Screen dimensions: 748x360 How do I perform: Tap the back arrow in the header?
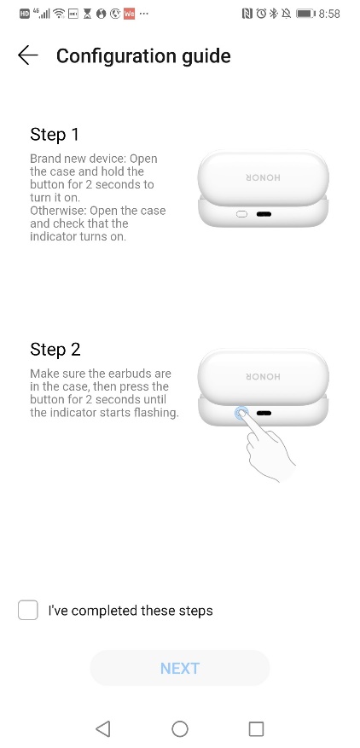[28, 55]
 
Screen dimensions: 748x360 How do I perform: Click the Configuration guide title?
[143, 56]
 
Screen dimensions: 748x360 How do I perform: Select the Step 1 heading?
[55, 134]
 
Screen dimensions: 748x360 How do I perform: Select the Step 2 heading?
[55, 350]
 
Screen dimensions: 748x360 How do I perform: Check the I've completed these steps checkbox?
[28, 610]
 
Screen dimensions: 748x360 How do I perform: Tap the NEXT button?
[180, 668]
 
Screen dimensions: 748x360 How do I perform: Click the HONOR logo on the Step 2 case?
[264, 374]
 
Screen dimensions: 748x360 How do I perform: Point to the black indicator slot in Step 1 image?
[264, 213]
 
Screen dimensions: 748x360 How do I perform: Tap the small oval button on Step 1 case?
[241, 213]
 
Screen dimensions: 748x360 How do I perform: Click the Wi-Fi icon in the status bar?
[58, 14]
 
